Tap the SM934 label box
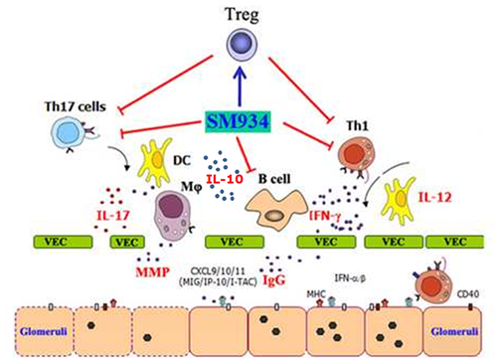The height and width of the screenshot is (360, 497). [238, 122]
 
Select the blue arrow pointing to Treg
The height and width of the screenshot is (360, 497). [240, 86]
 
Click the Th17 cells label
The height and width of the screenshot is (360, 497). [76, 106]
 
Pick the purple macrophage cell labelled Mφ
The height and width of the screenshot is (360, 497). [173, 215]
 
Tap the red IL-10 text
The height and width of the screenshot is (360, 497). [225, 179]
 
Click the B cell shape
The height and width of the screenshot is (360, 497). [275, 210]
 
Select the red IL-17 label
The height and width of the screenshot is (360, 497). [113, 216]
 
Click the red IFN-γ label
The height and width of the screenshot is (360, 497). [325, 216]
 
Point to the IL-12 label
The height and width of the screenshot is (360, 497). [434, 197]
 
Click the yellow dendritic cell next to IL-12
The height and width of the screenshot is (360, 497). [399, 201]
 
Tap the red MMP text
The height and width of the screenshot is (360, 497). [152, 272]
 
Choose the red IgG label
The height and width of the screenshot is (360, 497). [273, 280]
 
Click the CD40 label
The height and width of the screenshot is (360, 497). [468, 293]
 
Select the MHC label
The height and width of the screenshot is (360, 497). [316, 293]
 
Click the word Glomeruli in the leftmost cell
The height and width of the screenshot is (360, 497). [44, 331]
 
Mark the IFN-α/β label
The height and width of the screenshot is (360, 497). [350, 277]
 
